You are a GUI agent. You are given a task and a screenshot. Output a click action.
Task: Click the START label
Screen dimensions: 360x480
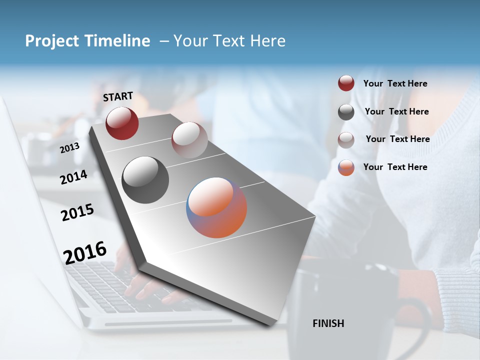(x=118, y=96)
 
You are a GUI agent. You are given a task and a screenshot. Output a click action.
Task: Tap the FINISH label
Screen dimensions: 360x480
(x=328, y=323)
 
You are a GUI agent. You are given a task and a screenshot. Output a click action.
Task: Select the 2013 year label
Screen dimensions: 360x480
(x=69, y=148)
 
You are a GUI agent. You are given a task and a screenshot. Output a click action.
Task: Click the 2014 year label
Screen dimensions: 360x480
(x=73, y=177)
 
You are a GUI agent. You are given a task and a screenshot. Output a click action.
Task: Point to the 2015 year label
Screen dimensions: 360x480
(x=77, y=213)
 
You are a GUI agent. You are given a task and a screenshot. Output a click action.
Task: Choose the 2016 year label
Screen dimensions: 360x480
(x=85, y=252)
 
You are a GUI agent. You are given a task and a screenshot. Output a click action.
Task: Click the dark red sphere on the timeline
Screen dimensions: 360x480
(x=122, y=123)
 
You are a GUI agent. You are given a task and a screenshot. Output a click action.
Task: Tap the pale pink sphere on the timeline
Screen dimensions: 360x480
(x=189, y=139)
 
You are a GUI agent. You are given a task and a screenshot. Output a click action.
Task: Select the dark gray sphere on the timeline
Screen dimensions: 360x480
(x=145, y=180)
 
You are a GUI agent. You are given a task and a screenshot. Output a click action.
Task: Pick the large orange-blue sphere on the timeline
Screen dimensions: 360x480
(x=216, y=207)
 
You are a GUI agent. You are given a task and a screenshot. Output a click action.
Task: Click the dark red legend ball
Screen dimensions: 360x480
(x=346, y=83)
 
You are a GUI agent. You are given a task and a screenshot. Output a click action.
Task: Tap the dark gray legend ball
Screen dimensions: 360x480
(x=346, y=112)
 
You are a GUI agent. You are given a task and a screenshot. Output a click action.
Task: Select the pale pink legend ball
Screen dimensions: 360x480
(x=346, y=140)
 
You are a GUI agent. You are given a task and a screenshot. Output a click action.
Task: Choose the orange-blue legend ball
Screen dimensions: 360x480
(x=346, y=167)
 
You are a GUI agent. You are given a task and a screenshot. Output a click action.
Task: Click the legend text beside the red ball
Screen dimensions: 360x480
(x=395, y=83)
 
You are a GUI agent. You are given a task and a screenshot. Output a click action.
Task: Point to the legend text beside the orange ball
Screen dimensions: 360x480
(x=395, y=167)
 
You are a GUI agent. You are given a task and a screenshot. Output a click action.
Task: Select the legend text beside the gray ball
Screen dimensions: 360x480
(x=396, y=111)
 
